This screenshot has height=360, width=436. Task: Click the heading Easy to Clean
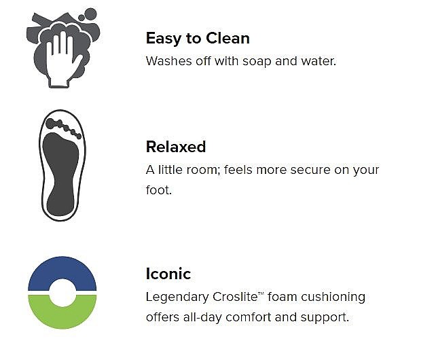pos(198,39)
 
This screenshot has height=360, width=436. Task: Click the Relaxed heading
pos(176,147)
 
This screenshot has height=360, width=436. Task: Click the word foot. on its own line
pos(159,190)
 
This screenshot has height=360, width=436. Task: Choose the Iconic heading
pos(168,274)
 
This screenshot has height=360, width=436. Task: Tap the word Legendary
pos(177,298)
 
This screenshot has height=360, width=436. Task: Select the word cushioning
pos(333,298)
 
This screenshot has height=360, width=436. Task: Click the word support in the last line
pos(325,318)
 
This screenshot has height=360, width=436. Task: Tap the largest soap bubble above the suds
pos(90,14)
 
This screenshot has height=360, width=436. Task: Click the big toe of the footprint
pos(51,124)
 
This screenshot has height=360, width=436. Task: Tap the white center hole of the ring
pos(62,293)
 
